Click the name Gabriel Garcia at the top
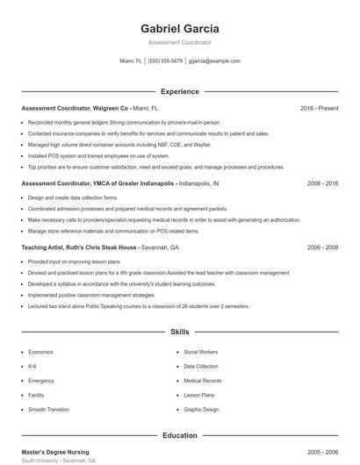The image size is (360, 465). pos(179,28)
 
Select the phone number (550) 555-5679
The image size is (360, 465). pos(165,61)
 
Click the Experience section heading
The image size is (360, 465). pos(179,91)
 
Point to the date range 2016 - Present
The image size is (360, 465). pos(319,108)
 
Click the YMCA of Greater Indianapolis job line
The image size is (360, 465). pos(119,184)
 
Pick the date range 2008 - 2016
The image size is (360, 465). pos(322,184)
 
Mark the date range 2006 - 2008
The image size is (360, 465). pos(322,247)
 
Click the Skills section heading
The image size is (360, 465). pos(179,333)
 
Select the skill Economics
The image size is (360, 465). pos(40,352)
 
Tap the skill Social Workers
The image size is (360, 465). pos(200,352)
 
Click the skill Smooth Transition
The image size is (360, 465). pos(48,409)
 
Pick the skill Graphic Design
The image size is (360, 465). pos(200,409)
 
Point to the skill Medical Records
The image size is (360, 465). pos(202,381)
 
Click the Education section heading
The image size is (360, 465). pos(179,435)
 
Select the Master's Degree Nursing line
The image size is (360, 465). pos(57,451)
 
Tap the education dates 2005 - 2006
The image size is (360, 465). pos(322,451)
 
